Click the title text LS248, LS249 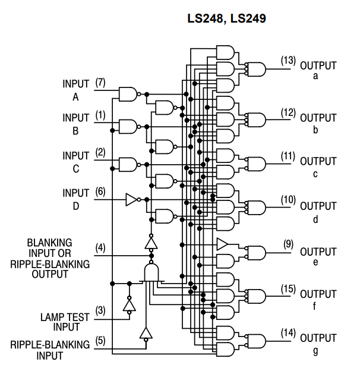click(226, 18)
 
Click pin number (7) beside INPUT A click(100, 83)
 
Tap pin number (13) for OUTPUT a click(288, 60)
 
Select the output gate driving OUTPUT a click(257, 69)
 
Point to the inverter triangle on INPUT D click(131, 200)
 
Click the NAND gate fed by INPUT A click(128, 94)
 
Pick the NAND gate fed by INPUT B click(128, 127)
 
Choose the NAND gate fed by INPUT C click(128, 165)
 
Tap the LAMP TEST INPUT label click(65, 322)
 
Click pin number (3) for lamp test click(100, 310)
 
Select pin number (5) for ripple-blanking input click(100, 341)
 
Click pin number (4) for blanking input click(100, 247)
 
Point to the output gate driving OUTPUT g click(257, 341)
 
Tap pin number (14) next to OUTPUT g click(288, 333)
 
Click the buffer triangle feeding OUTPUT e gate click(222, 244)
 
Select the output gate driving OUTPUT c click(257, 164)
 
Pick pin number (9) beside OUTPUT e click(288, 244)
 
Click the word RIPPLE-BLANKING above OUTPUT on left click(50, 264)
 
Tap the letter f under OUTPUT click(315, 306)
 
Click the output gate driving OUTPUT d click(257, 208)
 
